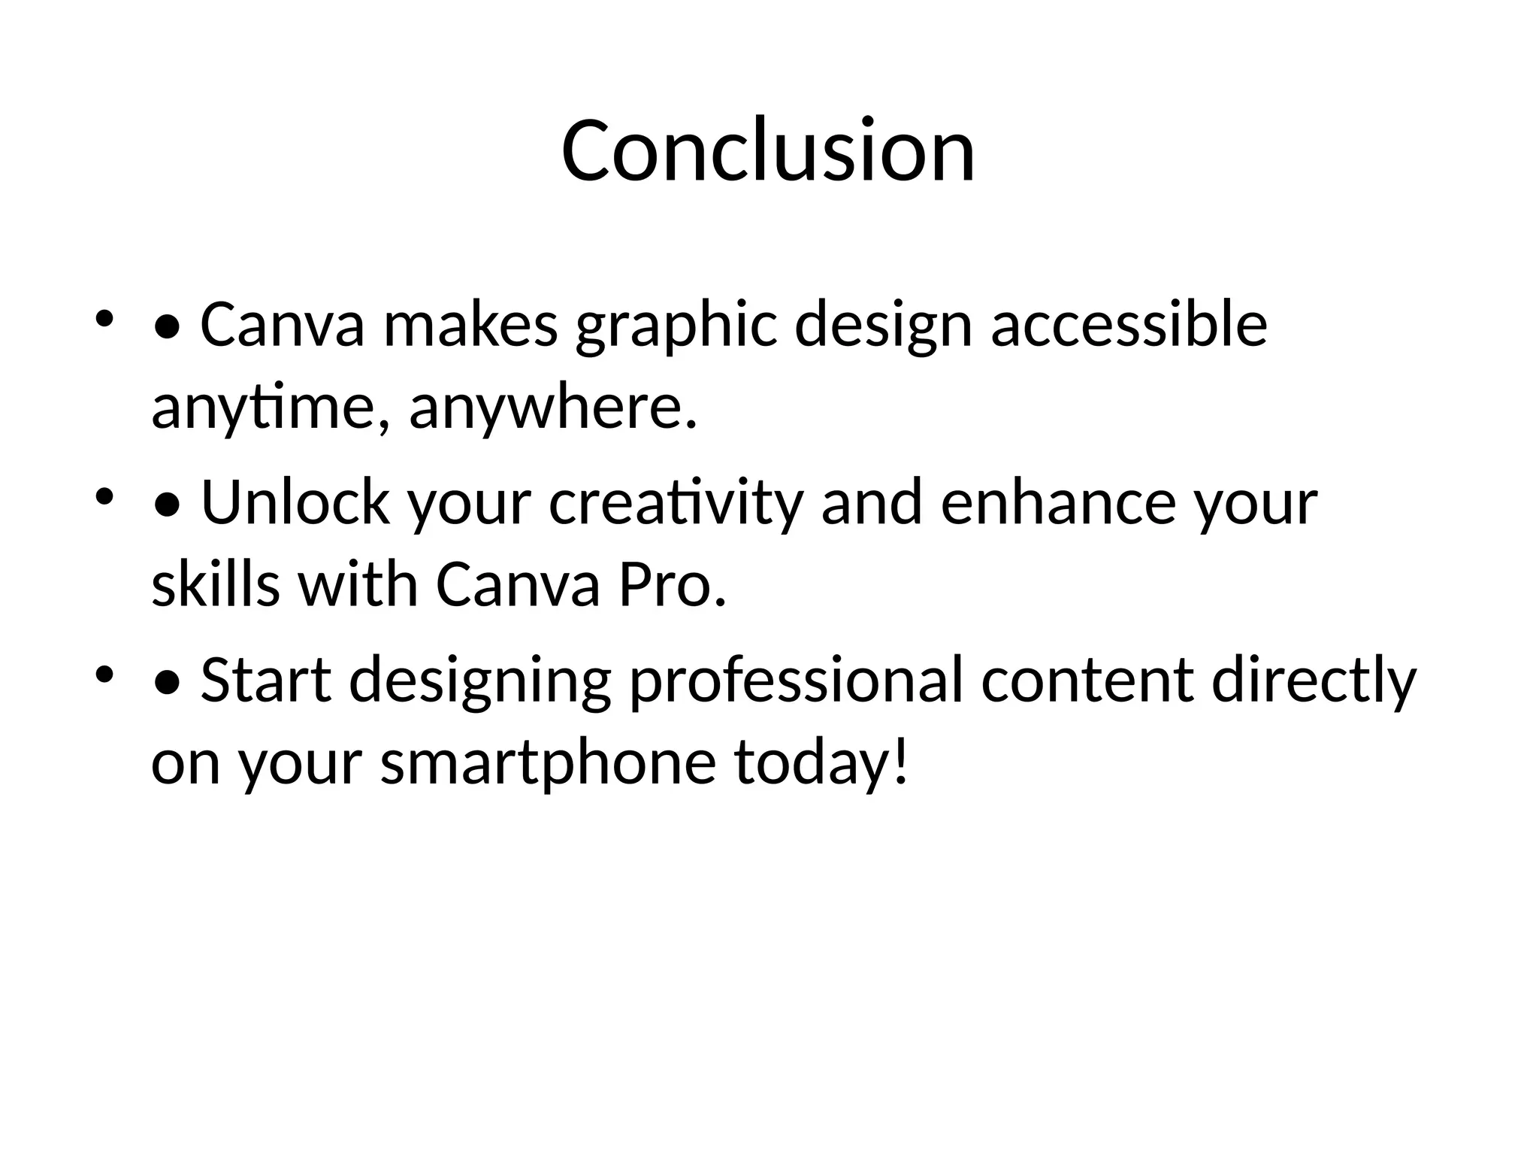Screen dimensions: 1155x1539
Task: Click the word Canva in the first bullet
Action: pyautogui.click(x=283, y=325)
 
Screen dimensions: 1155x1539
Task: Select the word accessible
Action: pyautogui.click(x=1129, y=325)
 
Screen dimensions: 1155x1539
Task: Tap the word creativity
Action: pyautogui.click(x=676, y=504)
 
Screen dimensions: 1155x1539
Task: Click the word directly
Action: pyautogui.click(x=1314, y=681)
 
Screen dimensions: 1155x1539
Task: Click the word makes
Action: pyautogui.click(x=470, y=325)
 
